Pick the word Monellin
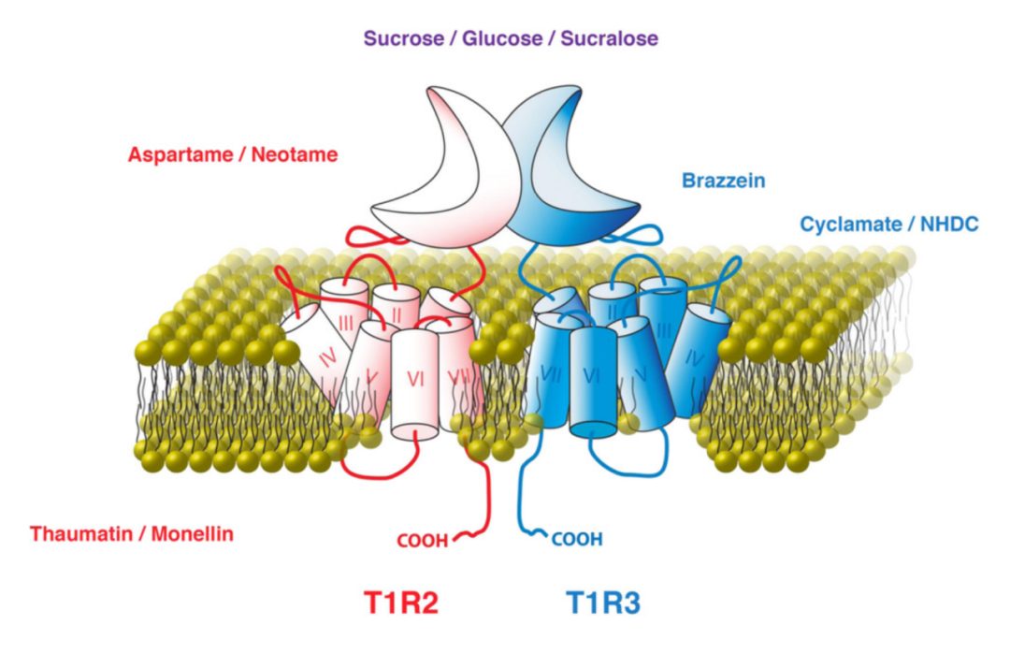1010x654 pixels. coord(187,534)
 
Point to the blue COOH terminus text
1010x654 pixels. coord(577,539)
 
